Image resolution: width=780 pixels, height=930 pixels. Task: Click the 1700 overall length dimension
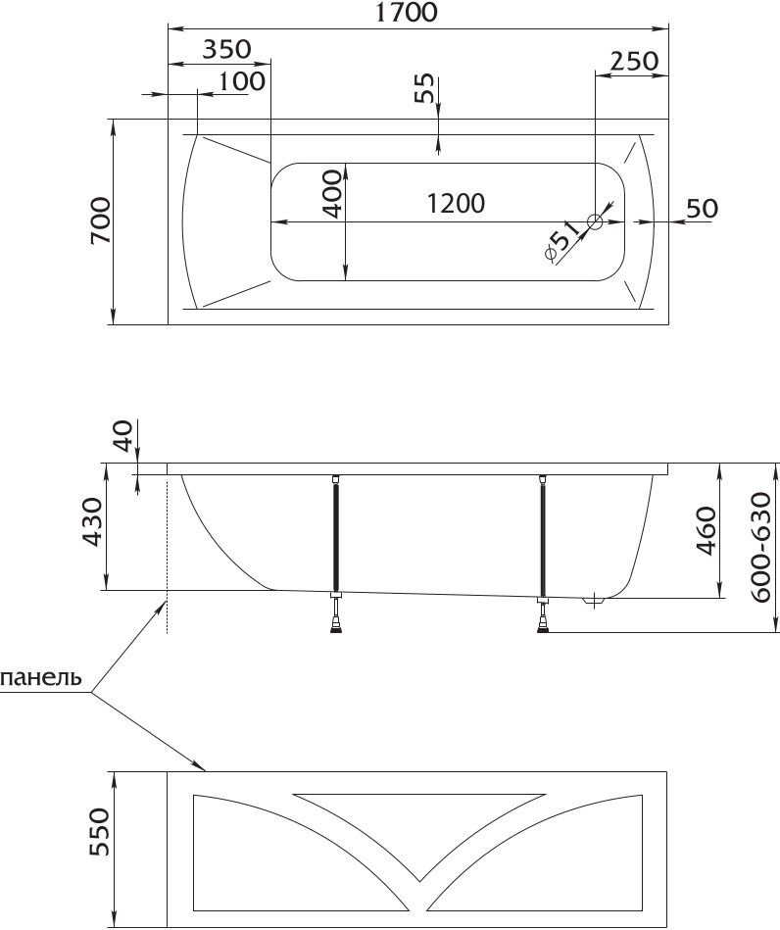(x=407, y=12)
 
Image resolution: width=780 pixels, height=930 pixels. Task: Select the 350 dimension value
(x=226, y=49)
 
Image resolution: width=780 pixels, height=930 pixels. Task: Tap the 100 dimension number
(x=241, y=81)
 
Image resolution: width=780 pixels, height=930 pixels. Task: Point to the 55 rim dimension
(x=423, y=88)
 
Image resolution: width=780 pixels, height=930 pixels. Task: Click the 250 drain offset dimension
(x=634, y=61)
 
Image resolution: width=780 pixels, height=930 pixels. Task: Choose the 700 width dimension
(x=100, y=220)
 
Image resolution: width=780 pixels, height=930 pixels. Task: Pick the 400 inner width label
(x=333, y=194)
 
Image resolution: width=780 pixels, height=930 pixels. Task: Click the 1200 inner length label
(x=456, y=204)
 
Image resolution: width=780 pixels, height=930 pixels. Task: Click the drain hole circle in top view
(x=595, y=221)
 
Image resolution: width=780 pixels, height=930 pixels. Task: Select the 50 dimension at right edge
(x=703, y=208)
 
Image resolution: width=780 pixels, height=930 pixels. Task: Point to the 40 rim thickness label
(x=122, y=436)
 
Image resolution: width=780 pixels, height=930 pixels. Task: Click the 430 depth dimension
(x=92, y=522)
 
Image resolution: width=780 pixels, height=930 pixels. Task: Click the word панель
(x=41, y=677)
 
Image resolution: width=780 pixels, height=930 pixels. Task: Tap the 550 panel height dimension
(x=100, y=832)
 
